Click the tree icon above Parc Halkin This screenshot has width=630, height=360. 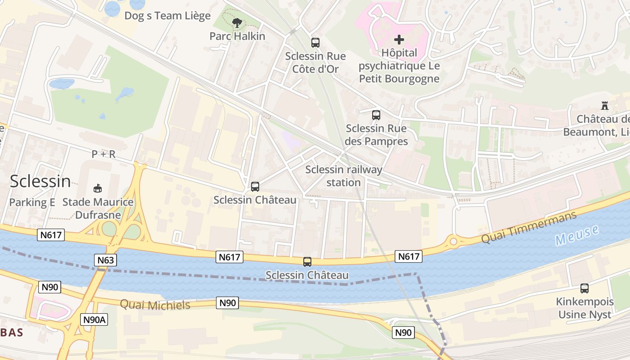237,23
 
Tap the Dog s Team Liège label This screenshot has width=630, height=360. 167,16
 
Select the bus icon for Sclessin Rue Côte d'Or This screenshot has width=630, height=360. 315,43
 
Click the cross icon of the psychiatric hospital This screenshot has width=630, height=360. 399,40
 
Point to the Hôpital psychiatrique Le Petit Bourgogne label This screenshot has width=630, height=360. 399,66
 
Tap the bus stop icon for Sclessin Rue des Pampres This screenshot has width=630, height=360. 376,115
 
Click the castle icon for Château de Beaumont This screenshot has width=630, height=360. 605,106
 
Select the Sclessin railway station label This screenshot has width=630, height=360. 344,176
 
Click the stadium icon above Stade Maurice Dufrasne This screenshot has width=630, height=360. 97,188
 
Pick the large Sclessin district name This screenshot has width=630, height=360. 40,181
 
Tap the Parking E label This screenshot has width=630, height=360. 32,202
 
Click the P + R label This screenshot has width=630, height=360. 103,154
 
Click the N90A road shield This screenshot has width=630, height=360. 94,319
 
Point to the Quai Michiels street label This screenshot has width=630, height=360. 155,305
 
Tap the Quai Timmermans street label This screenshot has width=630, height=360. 529,228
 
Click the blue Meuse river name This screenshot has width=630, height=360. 577,235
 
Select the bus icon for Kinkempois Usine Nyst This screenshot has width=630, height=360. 585,288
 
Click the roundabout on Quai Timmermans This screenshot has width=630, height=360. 453,242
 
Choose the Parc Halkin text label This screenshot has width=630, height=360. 237,36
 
